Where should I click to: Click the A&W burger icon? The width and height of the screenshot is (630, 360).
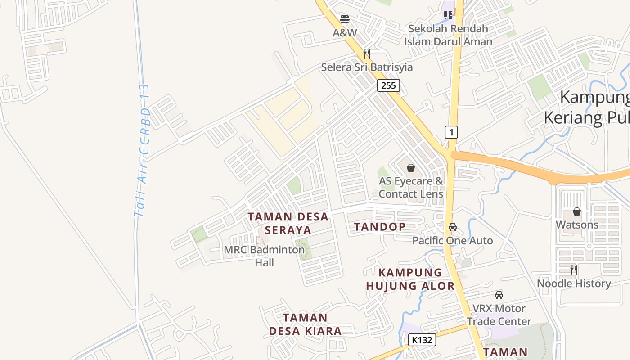tap(345, 19)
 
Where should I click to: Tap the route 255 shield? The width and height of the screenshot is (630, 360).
tap(388, 85)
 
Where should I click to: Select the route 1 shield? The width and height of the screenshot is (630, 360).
tap(451, 132)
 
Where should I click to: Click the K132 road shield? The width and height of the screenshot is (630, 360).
tap(422, 340)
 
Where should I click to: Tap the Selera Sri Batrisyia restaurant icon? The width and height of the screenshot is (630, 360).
tap(367, 54)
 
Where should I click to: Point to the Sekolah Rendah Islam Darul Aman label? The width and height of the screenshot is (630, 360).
tap(448, 35)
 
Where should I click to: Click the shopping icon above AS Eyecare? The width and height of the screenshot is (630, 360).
tap(411, 168)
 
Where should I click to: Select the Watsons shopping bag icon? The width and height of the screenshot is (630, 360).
tap(577, 211)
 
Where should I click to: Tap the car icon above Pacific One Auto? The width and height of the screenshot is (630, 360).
tap(453, 227)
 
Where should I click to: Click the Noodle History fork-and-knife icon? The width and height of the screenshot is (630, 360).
tap(574, 270)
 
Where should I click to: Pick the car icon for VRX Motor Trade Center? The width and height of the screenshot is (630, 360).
tap(499, 295)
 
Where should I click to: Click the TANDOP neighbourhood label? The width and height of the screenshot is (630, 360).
tap(380, 227)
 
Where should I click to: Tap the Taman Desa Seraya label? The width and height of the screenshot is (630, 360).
tap(288, 224)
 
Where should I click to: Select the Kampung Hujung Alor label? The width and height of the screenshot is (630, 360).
tap(410, 279)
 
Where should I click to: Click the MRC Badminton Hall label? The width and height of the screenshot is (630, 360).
tap(264, 256)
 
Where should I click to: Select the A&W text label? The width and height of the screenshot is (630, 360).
tap(345, 33)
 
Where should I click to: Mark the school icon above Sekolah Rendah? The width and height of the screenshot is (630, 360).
tap(448, 15)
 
